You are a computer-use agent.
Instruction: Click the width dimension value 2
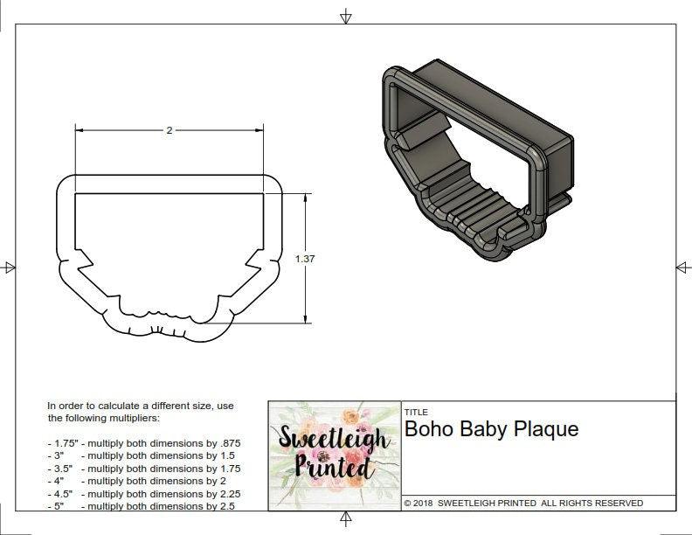(x=169, y=130)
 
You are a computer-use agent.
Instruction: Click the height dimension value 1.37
(x=305, y=259)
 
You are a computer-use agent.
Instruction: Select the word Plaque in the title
(x=547, y=429)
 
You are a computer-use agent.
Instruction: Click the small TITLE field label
(x=415, y=412)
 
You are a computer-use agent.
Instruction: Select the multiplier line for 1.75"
(x=144, y=443)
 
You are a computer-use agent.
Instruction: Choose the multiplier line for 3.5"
(x=144, y=469)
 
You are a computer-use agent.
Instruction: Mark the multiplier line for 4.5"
(x=144, y=493)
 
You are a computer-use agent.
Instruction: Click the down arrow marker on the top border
(x=346, y=17)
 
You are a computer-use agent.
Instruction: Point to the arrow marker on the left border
(x=10, y=267)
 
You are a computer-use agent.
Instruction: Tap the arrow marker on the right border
(x=682, y=267)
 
